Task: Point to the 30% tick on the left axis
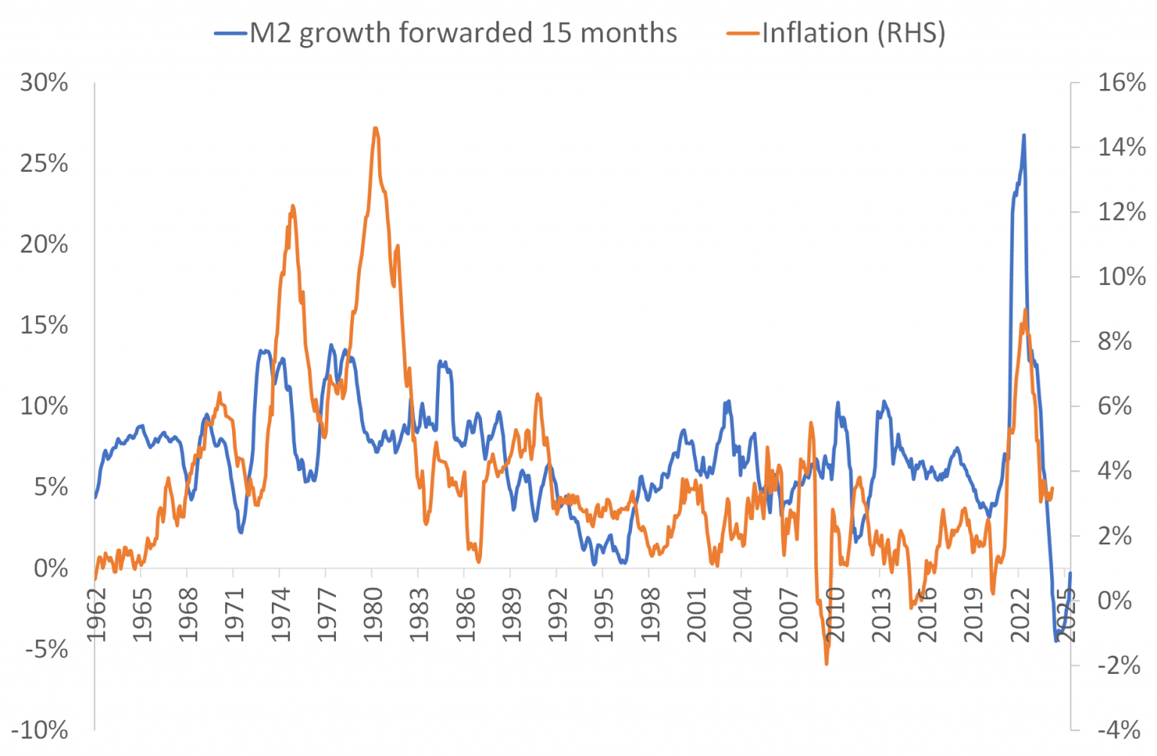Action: click(44, 83)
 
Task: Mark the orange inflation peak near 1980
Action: click(375, 127)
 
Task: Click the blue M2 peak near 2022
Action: click(1024, 135)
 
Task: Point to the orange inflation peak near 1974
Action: click(292, 205)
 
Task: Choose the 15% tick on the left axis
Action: click(44, 326)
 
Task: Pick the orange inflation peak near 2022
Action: click(1024, 310)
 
